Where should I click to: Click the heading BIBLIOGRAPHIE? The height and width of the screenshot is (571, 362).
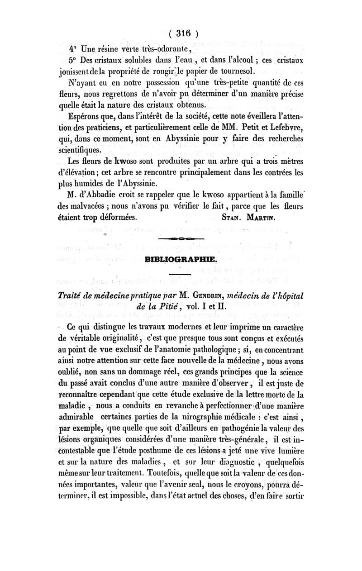(x=181, y=260)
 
